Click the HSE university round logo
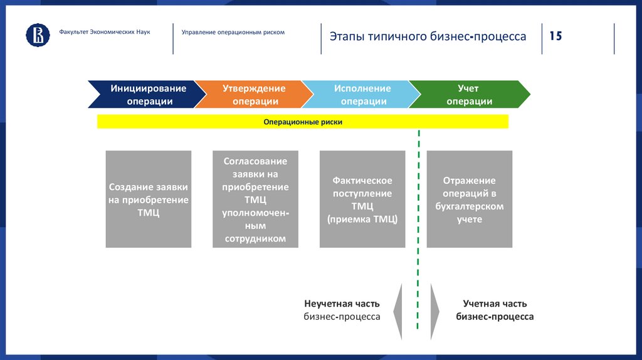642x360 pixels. coord(38,35)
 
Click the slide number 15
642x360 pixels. coord(555,36)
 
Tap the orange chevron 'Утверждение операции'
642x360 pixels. coord(253,95)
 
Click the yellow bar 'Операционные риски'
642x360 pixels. coord(302,122)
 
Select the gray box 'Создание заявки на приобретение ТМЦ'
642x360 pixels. coord(149,199)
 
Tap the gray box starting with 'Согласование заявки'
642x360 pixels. coord(255,199)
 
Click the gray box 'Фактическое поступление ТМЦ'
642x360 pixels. coord(362,199)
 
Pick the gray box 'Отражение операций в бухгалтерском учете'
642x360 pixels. coord(470,199)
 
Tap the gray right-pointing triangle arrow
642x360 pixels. coord(435,311)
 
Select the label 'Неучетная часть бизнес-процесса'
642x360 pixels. coord(342,310)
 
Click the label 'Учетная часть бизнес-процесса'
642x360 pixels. coord(495,310)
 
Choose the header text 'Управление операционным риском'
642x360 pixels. coord(233,32)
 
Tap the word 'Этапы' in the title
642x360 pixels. coord(344,36)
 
